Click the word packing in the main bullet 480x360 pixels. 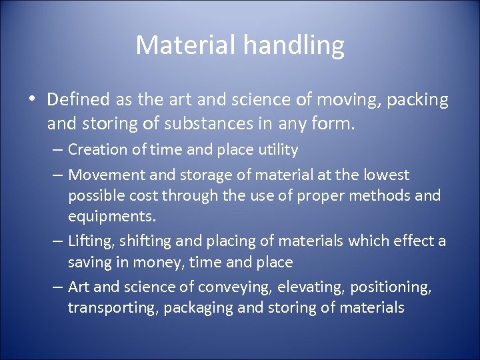tap(417, 101)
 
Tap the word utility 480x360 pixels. tap(274, 150)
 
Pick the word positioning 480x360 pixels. tap(395, 287)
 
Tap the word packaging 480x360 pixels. tap(194, 308)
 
